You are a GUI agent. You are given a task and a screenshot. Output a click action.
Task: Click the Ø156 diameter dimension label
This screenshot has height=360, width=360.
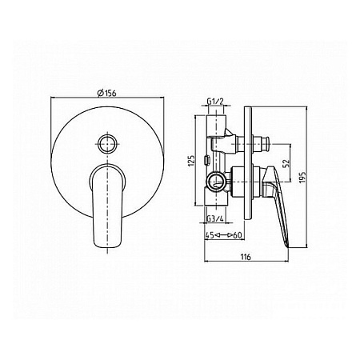107,94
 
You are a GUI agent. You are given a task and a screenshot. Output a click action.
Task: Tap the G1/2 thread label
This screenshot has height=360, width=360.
215,102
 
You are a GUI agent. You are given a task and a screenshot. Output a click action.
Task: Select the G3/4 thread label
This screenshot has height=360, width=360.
215,218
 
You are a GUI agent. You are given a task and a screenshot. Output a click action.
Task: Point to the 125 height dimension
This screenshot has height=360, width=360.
191,161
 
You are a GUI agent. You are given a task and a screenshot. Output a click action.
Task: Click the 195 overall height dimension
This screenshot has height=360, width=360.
302,177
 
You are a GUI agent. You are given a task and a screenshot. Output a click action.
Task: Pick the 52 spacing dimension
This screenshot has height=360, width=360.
286,163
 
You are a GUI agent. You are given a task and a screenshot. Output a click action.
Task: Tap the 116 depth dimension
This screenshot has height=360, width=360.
246,257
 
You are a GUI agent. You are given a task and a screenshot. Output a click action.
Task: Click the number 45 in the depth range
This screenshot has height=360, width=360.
210,235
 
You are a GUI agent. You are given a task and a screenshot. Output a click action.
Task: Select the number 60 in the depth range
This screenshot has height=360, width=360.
238,235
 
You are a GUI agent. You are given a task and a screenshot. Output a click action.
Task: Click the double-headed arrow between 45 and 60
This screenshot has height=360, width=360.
224,235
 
